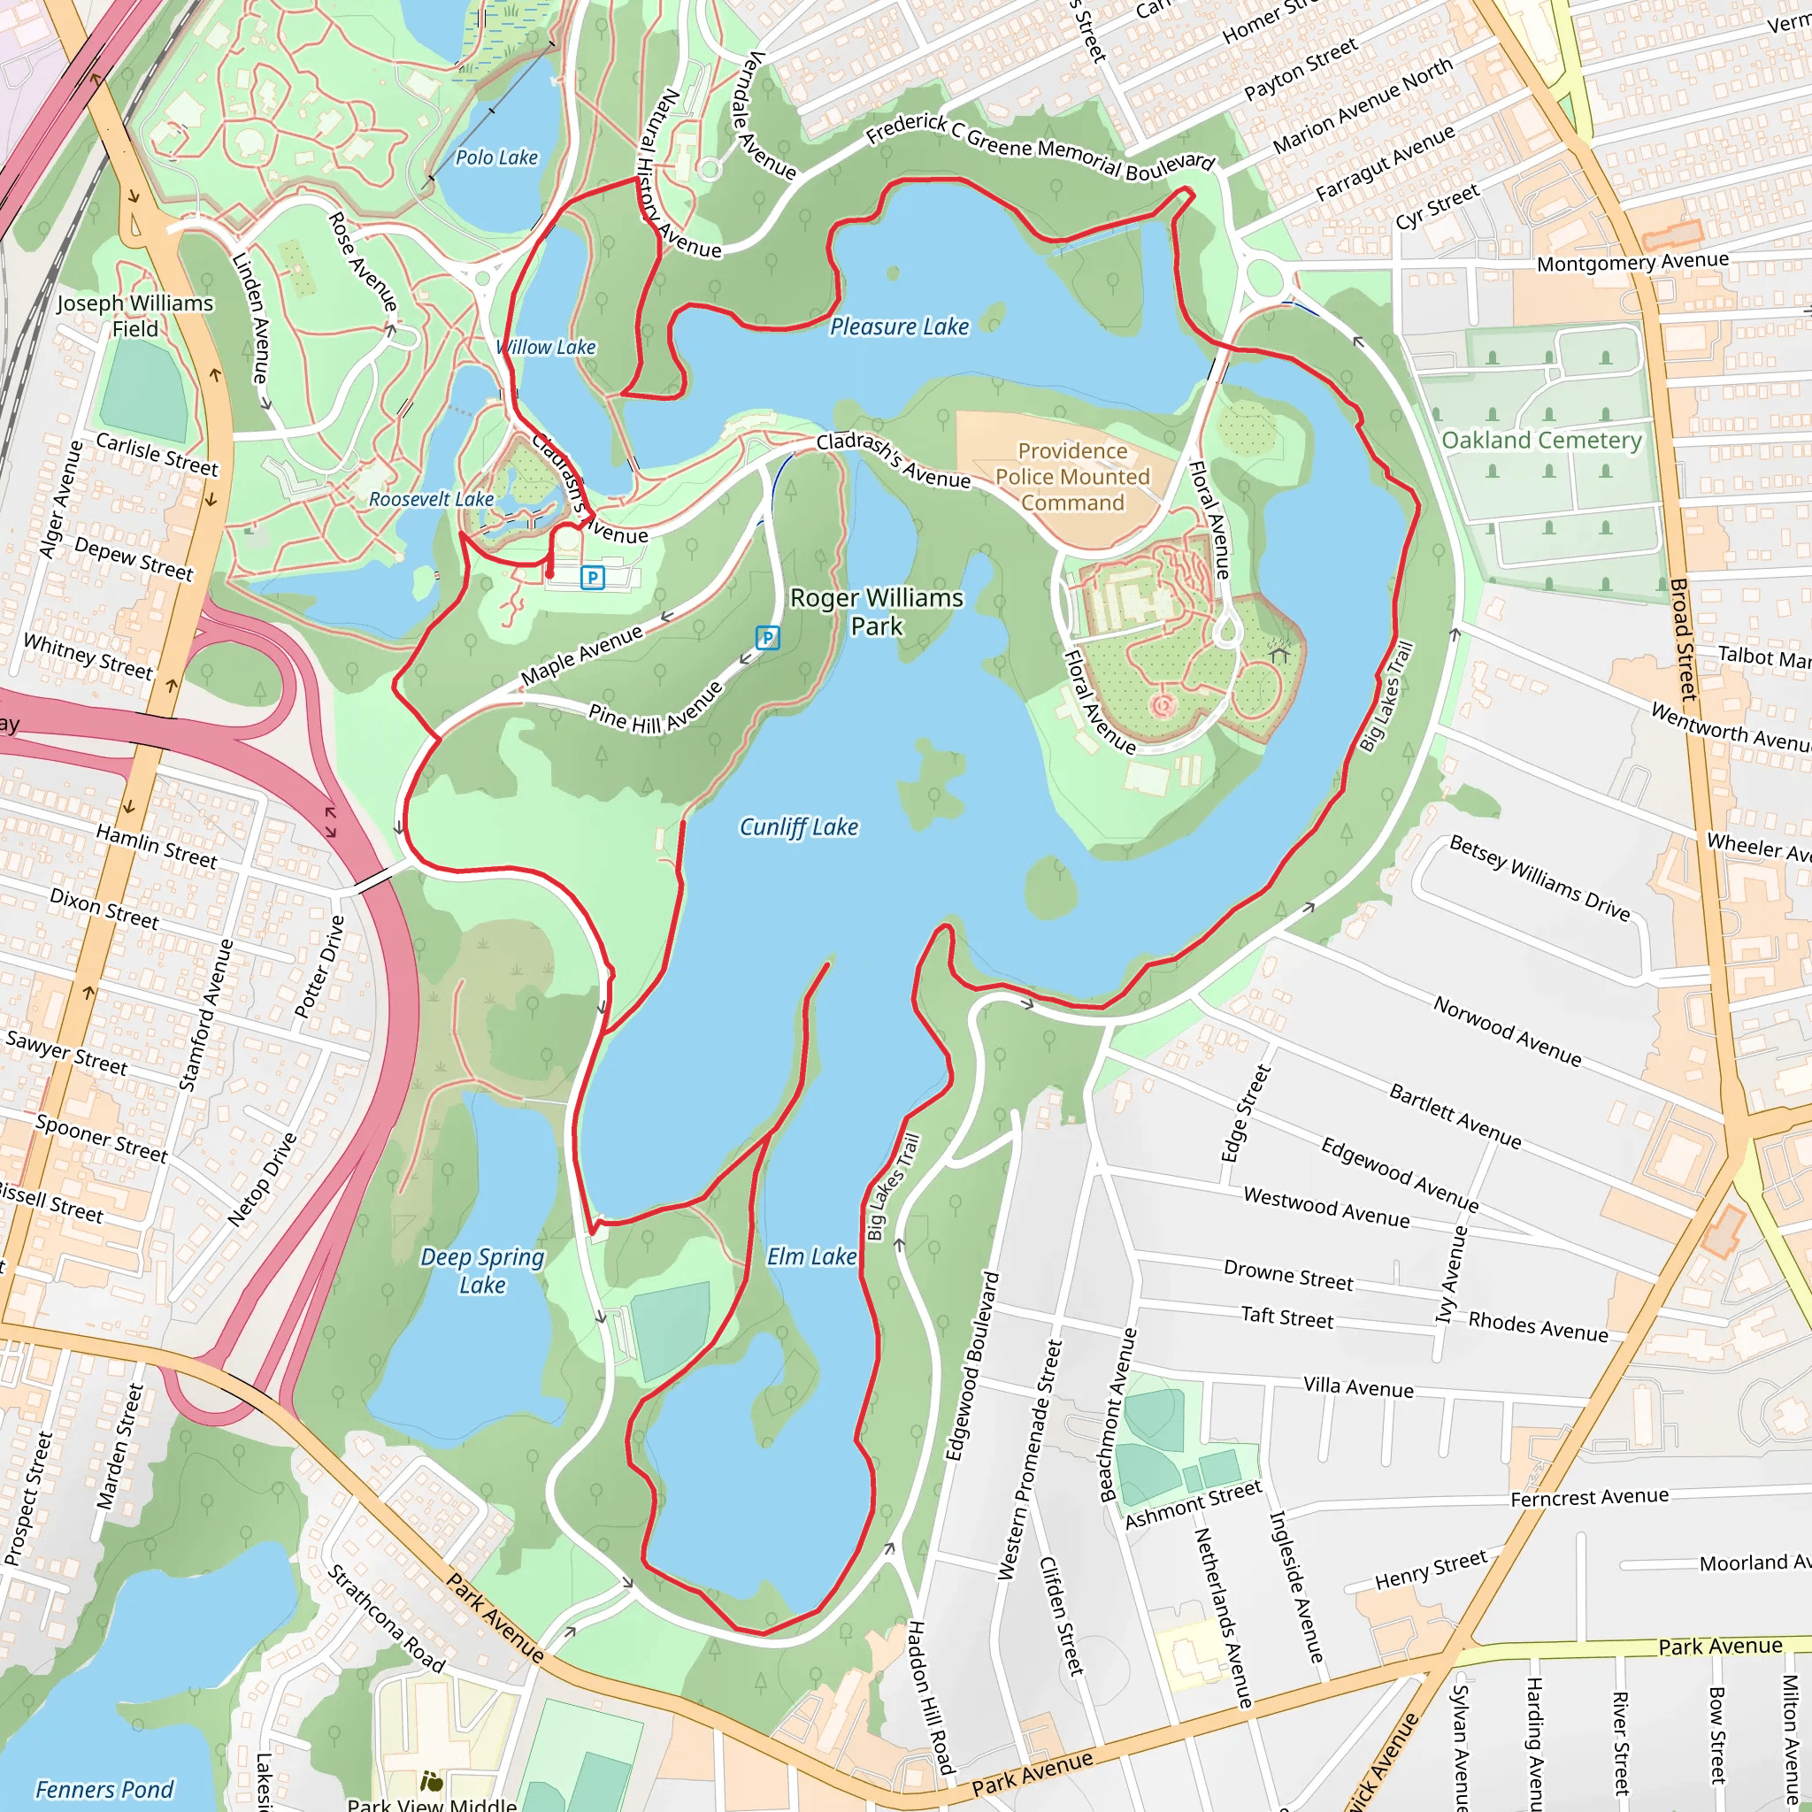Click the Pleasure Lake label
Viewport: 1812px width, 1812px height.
coord(899,326)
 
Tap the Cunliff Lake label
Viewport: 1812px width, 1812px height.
coord(798,827)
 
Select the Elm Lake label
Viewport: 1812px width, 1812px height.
coord(811,1256)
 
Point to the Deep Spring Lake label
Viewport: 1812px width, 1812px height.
coord(482,1271)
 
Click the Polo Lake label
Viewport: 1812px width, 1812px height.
coord(496,157)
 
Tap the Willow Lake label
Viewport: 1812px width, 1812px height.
coord(546,347)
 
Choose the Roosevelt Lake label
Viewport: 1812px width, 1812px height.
coord(431,499)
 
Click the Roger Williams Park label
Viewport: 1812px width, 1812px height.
coord(876,611)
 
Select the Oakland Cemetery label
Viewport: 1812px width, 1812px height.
coord(1541,440)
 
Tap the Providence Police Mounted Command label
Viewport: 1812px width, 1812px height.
coord(1072,477)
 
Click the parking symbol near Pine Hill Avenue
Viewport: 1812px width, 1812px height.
coord(767,639)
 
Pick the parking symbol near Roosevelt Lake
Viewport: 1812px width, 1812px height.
coord(592,578)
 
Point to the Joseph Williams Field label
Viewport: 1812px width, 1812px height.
coord(134,315)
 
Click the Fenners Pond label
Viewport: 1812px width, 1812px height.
coord(104,1790)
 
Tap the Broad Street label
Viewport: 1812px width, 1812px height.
coord(1685,640)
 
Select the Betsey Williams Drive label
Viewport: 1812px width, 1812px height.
coord(1539,878)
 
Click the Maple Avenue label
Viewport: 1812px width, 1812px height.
coord(581,655)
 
